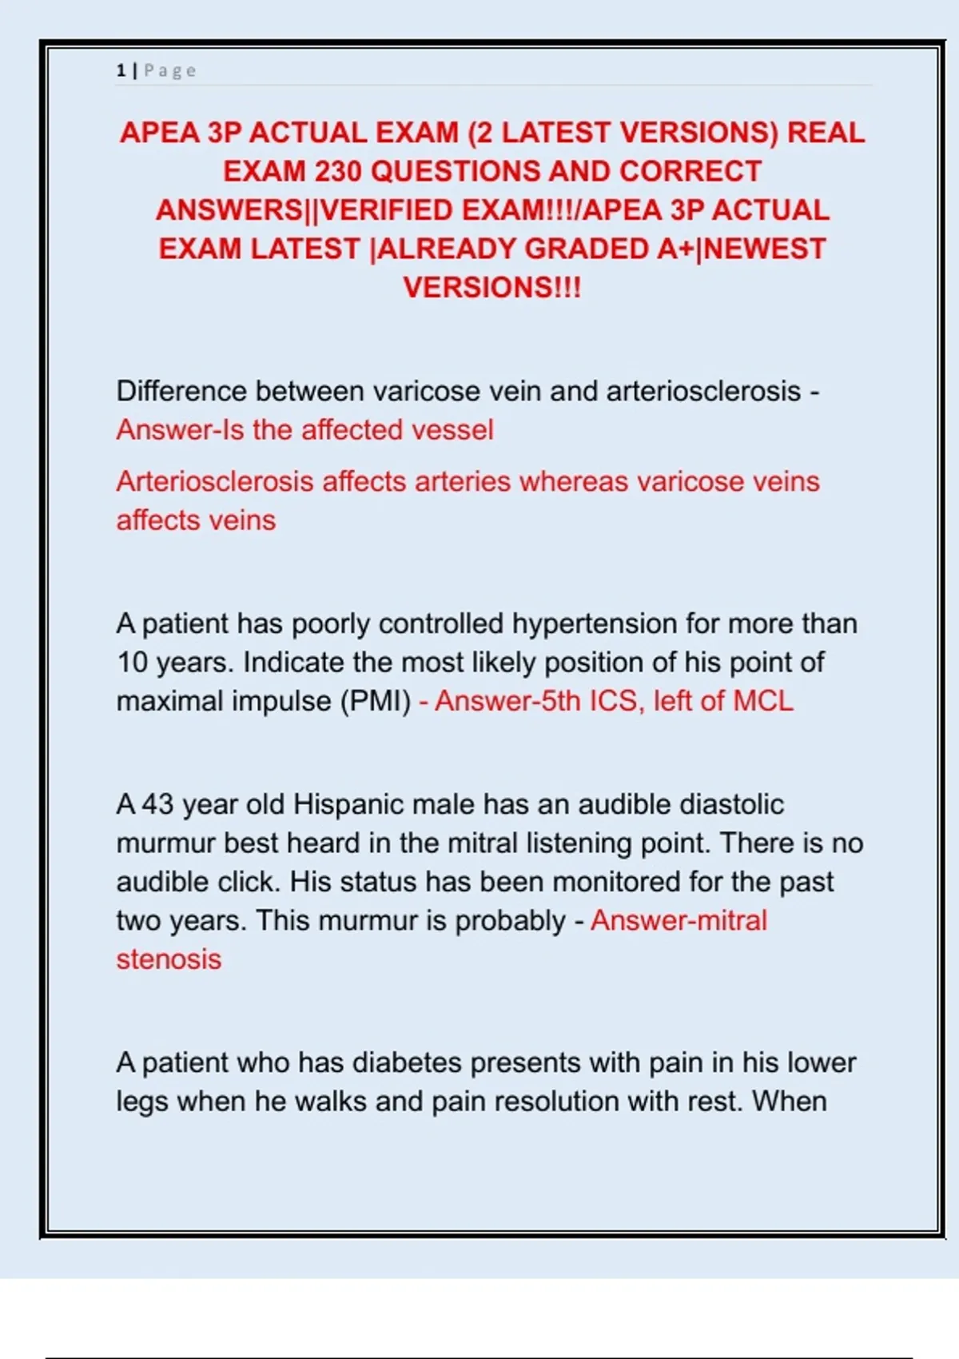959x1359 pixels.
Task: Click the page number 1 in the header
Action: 121,70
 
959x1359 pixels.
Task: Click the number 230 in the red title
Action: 338,171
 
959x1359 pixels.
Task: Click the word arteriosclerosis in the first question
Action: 703,391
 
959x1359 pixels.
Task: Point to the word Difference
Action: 181,391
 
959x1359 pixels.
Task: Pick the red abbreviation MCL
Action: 763,701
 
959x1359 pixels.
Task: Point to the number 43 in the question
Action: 157,804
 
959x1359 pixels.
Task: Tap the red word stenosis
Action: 169,959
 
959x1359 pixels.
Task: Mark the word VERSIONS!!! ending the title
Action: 491,288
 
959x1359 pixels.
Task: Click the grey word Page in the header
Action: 170,70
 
